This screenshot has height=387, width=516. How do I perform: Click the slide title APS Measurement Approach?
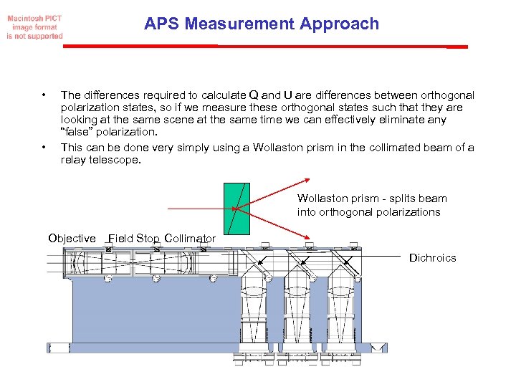pos(261,24)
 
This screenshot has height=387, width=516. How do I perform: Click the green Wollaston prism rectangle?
pos(236,209)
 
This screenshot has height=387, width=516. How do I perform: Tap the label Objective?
pos(72,239)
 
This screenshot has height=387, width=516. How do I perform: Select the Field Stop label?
pos(133,239)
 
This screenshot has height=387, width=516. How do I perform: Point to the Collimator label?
pos(189,239)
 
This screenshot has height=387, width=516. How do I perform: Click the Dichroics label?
pos(432,258)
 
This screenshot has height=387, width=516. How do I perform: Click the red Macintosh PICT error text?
pos(34,27)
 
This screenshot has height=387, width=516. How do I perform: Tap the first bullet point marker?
pos(44,95)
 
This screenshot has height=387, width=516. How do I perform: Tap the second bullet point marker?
pos(44,148)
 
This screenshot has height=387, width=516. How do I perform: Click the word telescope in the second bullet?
pos(117,160)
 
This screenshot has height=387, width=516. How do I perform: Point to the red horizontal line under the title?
pos(265,46)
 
